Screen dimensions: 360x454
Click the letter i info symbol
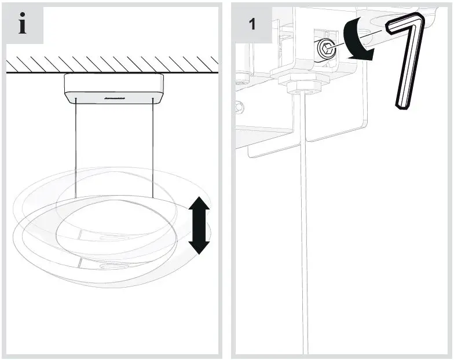tap(23, 25)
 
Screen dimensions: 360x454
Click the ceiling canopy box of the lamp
tap(113, 89)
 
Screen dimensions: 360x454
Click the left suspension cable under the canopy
tap(76, 145)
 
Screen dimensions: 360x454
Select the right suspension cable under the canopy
tap(153, 145)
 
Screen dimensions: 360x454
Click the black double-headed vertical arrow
tap(199, 225)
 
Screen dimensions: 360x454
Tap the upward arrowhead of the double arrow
tap(199, 204)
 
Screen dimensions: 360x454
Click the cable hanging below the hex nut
tap(302, 232)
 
